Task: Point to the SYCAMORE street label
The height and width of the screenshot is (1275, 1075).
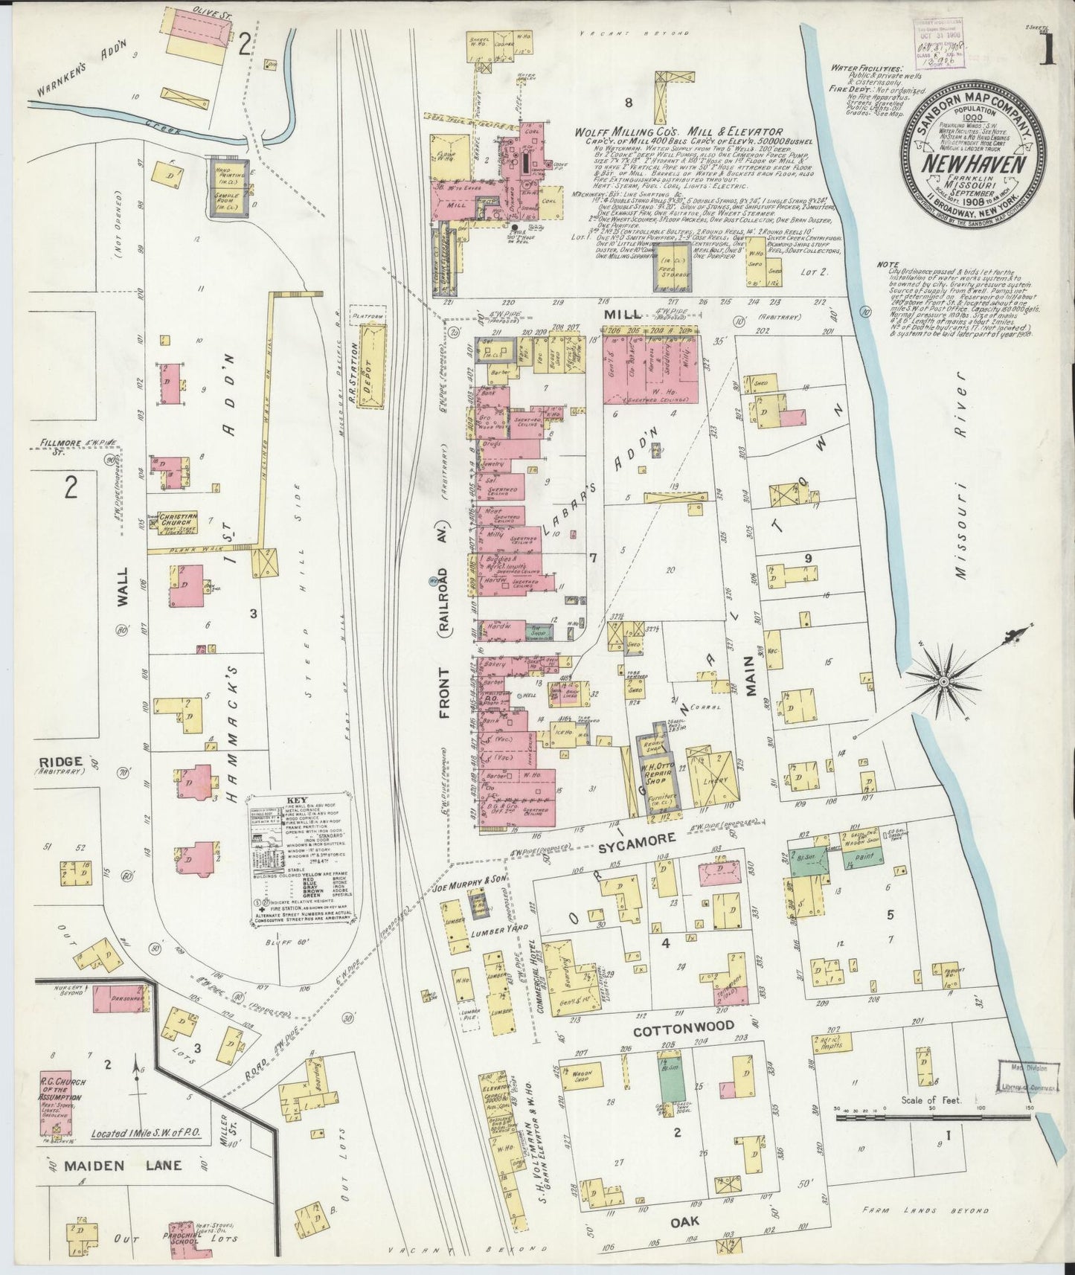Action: [x=638, y=839]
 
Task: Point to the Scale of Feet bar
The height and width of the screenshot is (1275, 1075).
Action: [x=931, y=1114]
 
